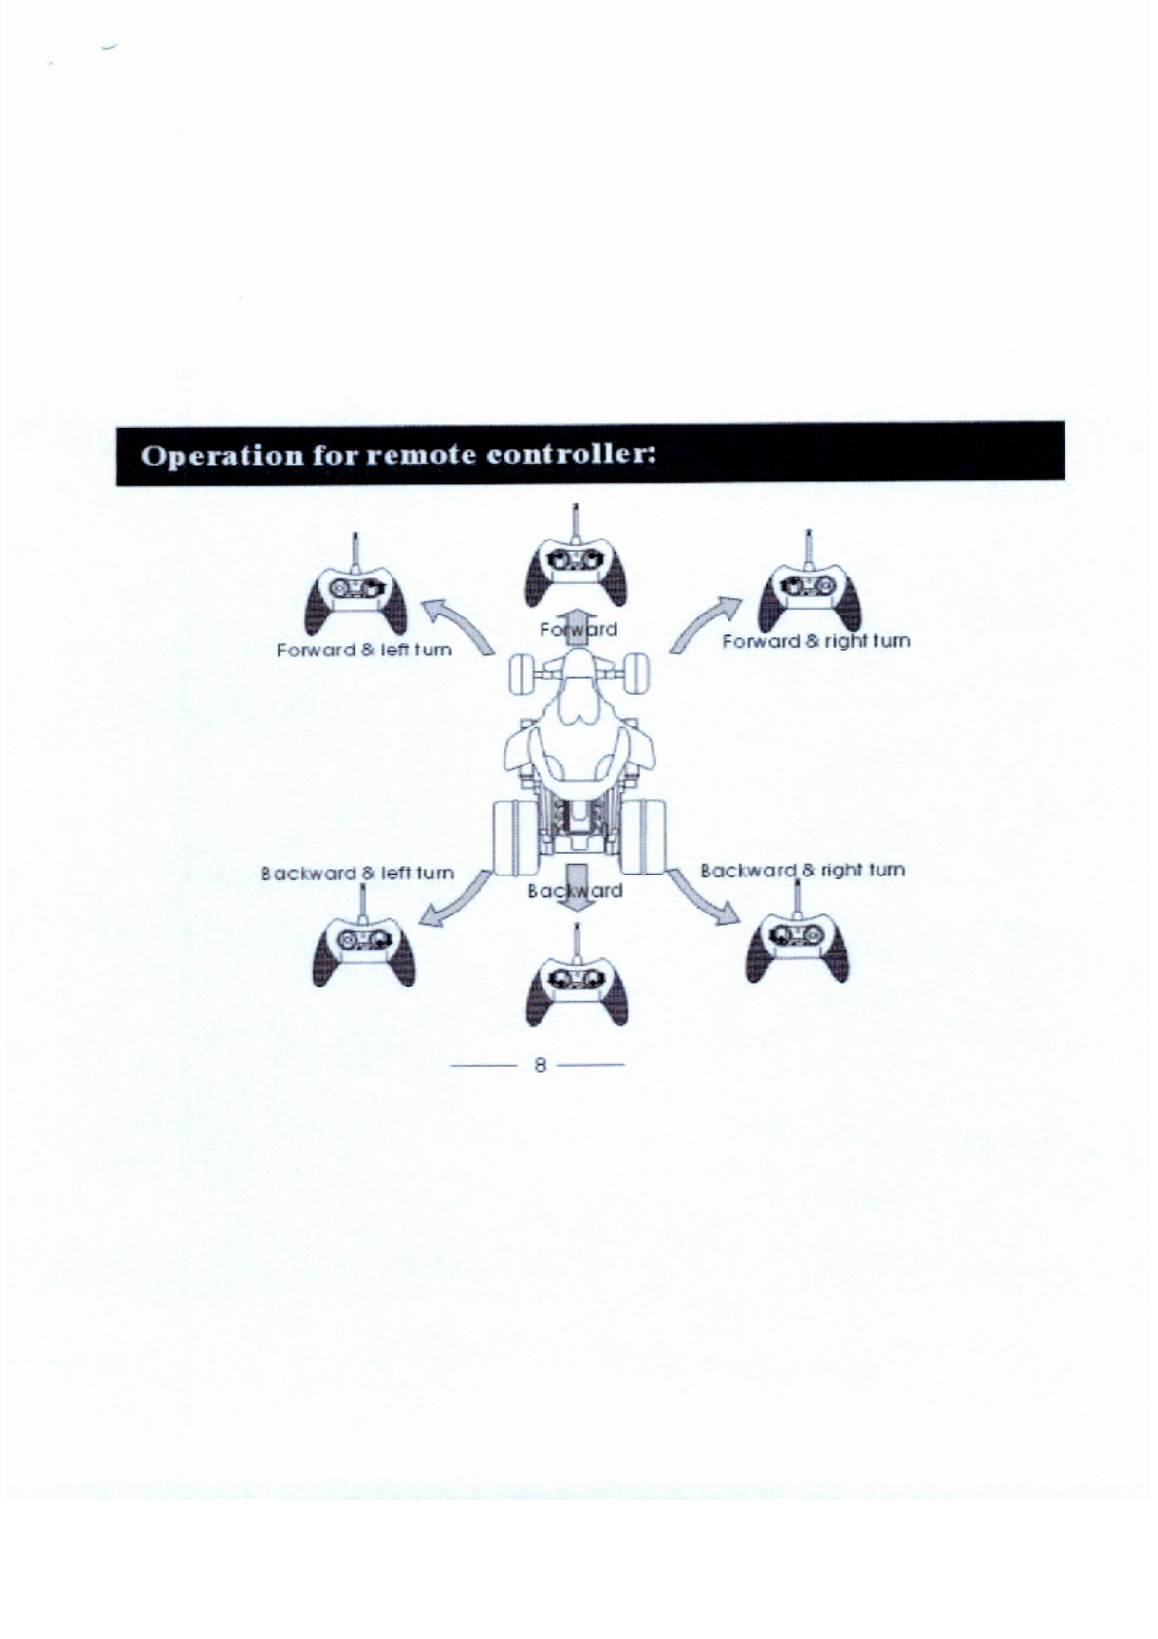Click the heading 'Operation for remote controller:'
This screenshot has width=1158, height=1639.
(x=398, y=455)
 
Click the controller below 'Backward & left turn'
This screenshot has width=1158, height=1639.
(x=363, y=947)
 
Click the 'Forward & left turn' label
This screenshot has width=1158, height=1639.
(x=364, y=650)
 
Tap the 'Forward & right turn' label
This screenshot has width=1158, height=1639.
(x=815, y=641)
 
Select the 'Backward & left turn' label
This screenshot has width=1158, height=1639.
(x=357, y=874)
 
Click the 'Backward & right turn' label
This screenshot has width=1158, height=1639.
(x=803, y=870)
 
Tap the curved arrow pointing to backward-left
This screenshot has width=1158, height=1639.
(x=458, y=899)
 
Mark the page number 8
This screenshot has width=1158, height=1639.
(x=539, y=1064)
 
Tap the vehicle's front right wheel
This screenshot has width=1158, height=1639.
(x=636, y=674)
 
